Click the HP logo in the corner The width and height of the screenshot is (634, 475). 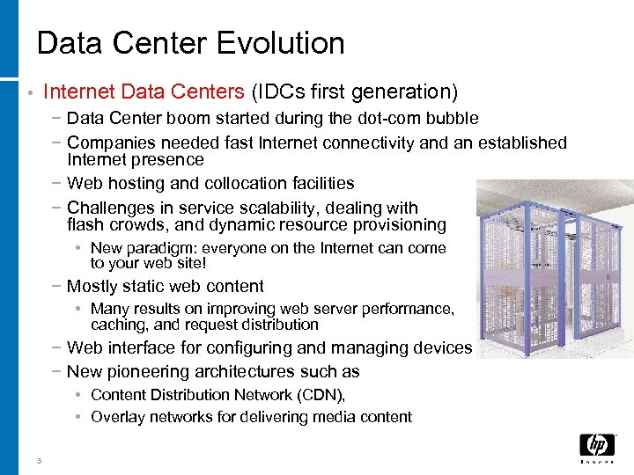coord(597,448)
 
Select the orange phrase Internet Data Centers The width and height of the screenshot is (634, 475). coord(144,91)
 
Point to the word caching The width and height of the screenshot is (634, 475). coord(118,324)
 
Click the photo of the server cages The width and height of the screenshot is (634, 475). coord(553,264)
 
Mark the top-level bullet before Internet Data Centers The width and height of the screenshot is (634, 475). coord(30,91)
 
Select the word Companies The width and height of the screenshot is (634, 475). coord(107,142)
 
